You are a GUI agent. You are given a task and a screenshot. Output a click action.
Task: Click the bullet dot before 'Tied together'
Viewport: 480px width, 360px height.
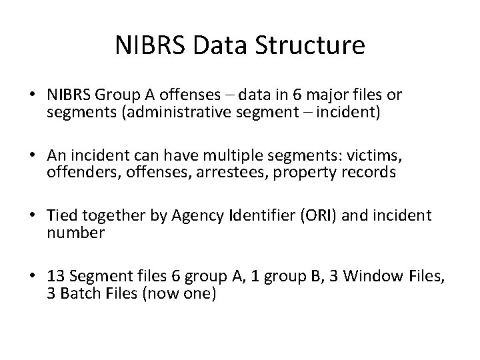pos(37,216)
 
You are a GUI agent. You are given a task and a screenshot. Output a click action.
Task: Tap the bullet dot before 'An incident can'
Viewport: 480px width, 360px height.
pos(37,155)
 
